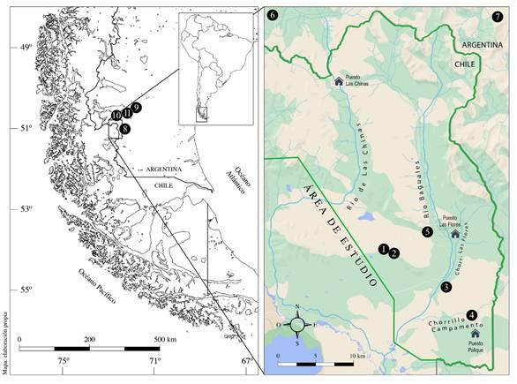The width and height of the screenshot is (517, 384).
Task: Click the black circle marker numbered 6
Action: tap(272, 16)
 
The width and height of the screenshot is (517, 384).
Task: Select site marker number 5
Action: tap(427, 231)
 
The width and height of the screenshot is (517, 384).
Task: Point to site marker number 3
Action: tap(446, 288)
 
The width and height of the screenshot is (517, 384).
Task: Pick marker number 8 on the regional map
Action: tap(126, 129)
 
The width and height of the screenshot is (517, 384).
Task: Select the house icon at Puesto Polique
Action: tap(475, 335)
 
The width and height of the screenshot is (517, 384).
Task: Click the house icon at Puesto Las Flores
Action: tap(455, 234)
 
